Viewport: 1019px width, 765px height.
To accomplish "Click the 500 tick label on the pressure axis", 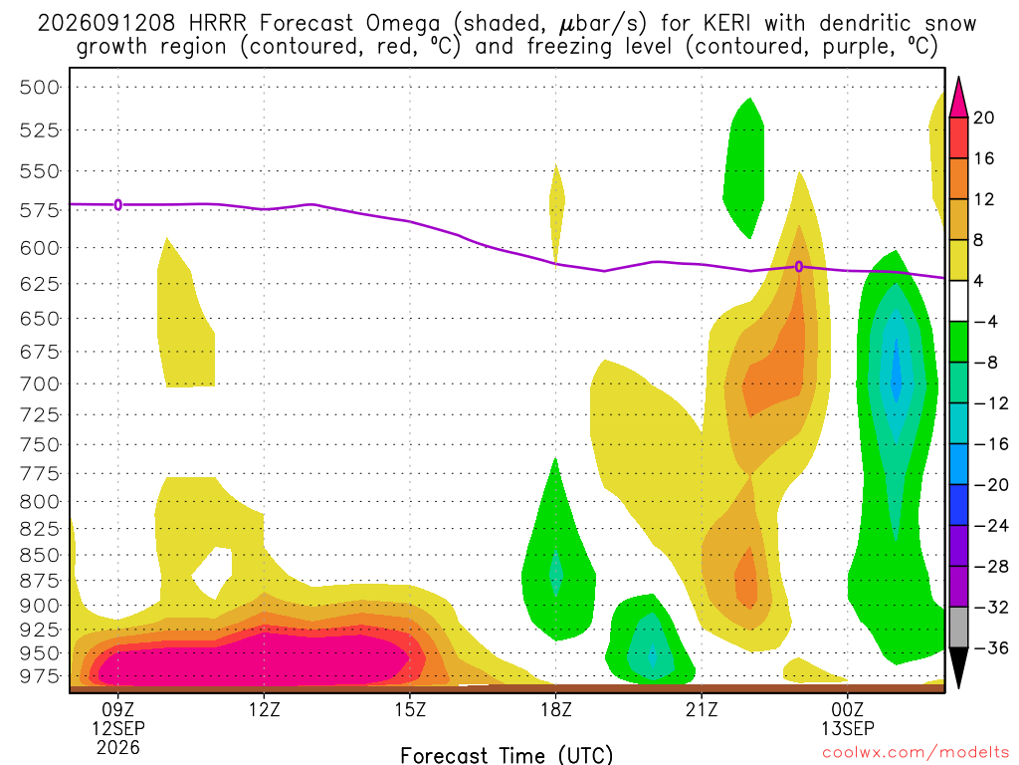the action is coord(39,88).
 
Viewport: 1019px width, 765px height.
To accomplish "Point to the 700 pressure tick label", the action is coord(39,383).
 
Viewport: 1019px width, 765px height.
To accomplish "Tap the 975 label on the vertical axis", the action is coord(39,676).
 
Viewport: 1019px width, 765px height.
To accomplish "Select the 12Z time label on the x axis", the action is coord(264,709).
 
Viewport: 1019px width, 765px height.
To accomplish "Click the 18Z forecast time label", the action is coord(555,709).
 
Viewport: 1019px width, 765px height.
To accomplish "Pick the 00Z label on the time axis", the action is coord(848,709).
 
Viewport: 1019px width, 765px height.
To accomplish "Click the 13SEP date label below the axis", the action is coord(848,728).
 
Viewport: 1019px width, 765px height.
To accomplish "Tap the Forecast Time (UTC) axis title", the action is coord(507,755).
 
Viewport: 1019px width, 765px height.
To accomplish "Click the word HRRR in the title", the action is coord(217,24).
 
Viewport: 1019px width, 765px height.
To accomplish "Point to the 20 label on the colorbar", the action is coord(984,118).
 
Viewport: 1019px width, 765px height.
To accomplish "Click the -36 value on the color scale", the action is coord(990,647).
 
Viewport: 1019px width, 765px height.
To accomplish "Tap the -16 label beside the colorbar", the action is coord(990,444).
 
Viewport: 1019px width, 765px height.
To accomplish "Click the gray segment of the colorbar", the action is coord(958,628).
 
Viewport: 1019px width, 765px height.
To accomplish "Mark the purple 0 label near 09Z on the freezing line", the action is coord(118,205).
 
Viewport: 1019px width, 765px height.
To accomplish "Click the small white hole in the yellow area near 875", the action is coord(213,573).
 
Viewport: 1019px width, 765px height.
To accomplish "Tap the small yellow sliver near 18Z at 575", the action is coord(556,208).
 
